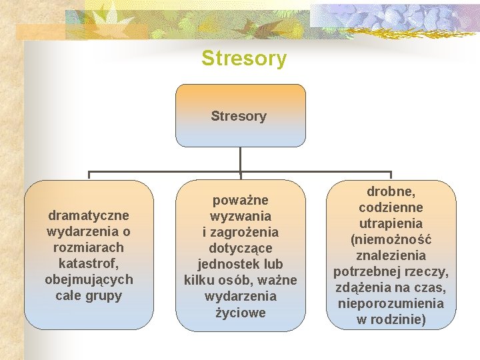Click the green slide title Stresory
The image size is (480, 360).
coord(244,59)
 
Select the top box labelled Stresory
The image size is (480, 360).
coord(239,115)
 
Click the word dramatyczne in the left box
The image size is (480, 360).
coord(89,215)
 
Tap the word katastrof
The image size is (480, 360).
coord(89,263)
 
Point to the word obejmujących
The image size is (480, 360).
coord(89,279)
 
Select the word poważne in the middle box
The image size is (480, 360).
coord(240,200)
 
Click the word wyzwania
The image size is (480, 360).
coord(240,216)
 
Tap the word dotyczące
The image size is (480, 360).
coord(240,248)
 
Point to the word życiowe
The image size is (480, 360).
coord(240,312)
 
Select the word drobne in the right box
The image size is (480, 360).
coord(391,192)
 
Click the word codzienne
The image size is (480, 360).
coord(391,208)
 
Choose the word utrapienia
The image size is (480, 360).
coord(391,224)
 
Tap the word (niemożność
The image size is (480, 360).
coord(391,240)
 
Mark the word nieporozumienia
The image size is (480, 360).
coord(391,304)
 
